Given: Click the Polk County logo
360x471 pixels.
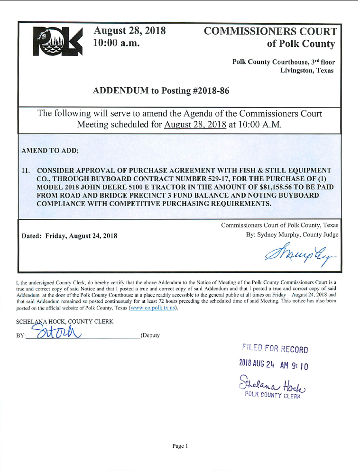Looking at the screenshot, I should click(55, 41).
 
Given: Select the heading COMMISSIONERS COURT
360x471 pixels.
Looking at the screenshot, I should click(270, 31).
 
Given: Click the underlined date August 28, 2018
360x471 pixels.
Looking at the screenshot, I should click(195, 125).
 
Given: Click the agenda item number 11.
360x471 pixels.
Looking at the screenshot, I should click(27, 170).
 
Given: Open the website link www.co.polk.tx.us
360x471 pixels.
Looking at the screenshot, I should click(150, 308).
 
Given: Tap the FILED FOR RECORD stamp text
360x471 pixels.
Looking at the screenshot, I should click(275, 349).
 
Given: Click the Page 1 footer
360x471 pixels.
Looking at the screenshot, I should click(180, 446).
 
